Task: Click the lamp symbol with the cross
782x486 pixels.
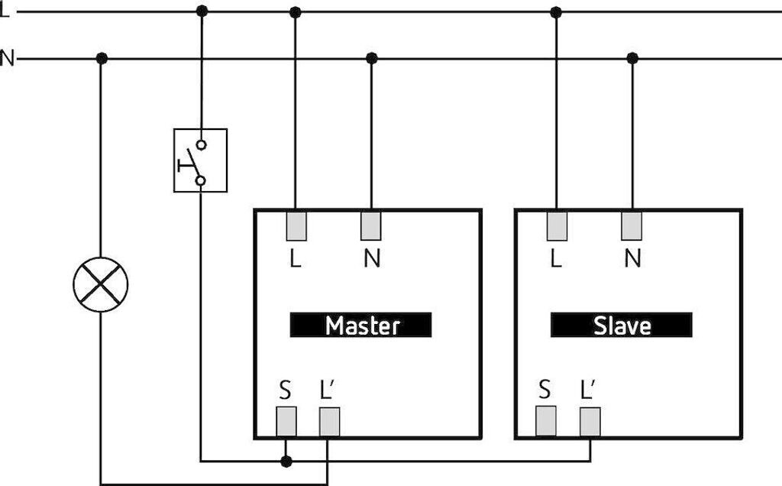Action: click(x=101, y=285)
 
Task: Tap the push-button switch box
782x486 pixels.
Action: click(x=201, y=160)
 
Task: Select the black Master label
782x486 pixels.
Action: click(x=360, y=325)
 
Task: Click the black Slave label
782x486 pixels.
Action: click(x=622, y=325)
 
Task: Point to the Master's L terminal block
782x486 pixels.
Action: click(x=296, y=226)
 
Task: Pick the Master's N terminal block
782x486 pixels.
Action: click(x=371, y=225)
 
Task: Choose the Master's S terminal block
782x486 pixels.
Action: click(x=286, y=422)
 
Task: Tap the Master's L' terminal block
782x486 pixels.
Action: click(x=330, y=422)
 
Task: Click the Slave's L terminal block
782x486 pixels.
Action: click(x=557, y=226)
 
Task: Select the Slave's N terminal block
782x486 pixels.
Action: click(x=632, y=225)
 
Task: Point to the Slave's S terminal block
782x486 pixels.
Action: click(x=545, y=421)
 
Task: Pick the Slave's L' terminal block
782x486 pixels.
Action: click(x=590, y=422)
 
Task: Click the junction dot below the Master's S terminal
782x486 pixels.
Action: click(x=286, y=461)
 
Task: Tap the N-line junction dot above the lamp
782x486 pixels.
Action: click(x=102, y=58)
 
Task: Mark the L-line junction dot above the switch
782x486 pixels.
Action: click(x=202, y=11)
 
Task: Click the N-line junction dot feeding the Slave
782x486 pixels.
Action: click(x=632, y=58)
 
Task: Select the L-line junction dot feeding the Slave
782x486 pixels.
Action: click(x=556, y=12)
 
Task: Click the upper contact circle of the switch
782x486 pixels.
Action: click(x=201, y=144)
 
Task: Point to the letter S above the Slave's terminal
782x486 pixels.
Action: click(x=545, y=389)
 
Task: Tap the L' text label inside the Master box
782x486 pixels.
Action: click(x=328, y=390)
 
